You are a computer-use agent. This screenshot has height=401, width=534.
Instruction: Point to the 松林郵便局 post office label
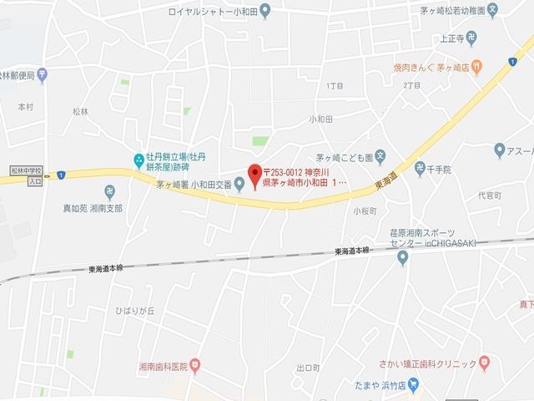click(18, 75)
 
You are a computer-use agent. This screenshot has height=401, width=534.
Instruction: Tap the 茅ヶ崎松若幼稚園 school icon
click(493, 11)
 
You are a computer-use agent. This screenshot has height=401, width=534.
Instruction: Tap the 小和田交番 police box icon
click(239, 185)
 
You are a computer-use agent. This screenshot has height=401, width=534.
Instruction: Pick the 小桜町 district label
click(365, 211)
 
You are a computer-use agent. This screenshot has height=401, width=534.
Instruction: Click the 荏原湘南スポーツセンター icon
click(402, 256)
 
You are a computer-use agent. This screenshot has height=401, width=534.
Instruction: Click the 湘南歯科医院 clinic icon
click(194, 365)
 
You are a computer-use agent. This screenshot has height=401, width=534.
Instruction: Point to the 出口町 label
click(308, 368)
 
